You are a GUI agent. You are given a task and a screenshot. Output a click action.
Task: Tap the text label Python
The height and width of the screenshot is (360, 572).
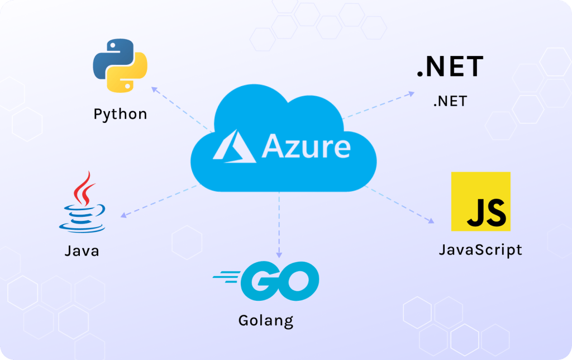120,115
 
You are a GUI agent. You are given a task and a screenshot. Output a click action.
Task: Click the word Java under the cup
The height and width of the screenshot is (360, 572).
82,250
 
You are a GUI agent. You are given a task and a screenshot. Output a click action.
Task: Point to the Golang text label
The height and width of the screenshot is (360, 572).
265,321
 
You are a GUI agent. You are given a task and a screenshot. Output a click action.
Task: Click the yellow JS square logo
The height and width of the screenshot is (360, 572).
480,201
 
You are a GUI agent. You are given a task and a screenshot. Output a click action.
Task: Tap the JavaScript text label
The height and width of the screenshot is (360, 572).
480,249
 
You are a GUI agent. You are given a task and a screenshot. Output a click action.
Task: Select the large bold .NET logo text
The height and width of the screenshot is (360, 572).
450,67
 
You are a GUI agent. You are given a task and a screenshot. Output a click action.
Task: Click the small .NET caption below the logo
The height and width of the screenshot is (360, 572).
450,102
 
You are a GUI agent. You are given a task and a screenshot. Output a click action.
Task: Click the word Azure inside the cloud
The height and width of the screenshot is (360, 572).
306,146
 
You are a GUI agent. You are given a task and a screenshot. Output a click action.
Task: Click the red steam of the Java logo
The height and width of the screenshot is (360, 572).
85,187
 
